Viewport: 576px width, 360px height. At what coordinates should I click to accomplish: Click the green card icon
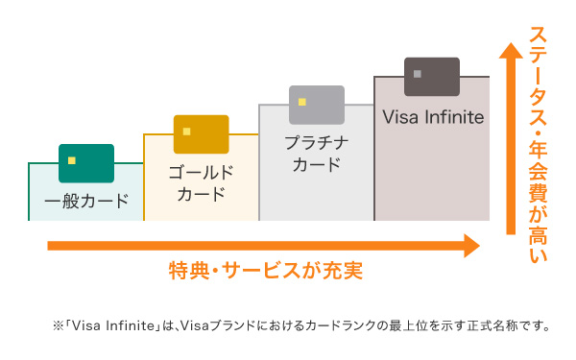(86, 163)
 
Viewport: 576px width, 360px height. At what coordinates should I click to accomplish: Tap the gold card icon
(202, 134)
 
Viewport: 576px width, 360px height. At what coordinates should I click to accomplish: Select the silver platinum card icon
(317, 105)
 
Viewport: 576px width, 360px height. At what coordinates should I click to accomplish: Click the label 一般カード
(86, 203)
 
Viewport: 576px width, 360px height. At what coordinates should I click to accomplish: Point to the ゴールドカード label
(202, 183)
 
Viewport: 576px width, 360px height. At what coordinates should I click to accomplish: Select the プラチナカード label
(317, 154)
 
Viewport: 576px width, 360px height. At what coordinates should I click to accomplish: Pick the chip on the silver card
(302, 102)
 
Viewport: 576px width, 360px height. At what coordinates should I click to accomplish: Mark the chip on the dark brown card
(418, 73)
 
